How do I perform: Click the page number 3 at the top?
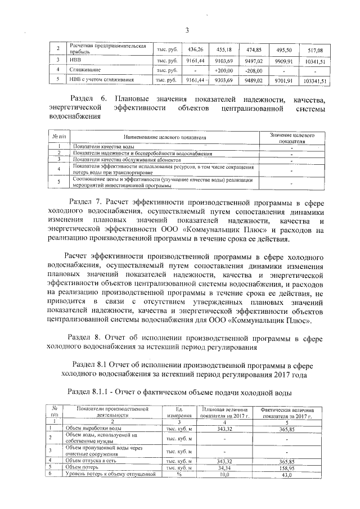click(186, 30)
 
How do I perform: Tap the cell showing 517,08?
click(313, 50)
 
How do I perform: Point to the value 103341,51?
click(313, 81)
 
